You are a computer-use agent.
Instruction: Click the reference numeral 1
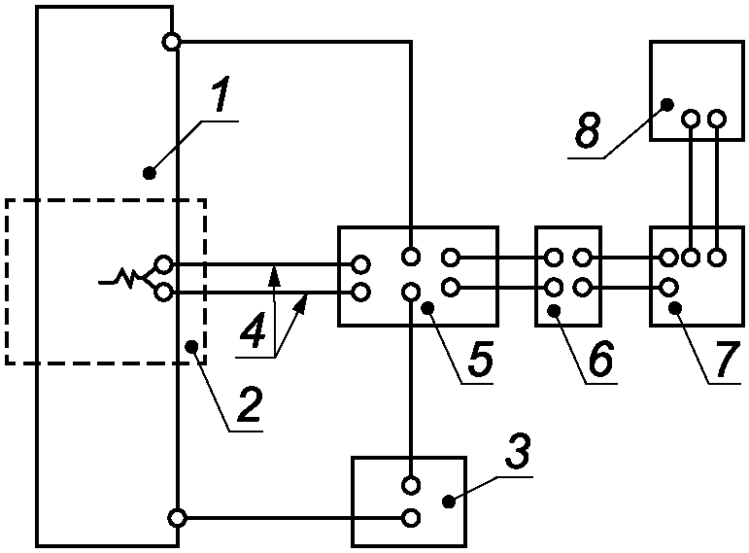coord(220,93)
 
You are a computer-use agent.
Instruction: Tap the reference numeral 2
coord(250,405)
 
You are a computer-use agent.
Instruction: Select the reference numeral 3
coord(519,451)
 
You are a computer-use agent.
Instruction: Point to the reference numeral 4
coord(254,329)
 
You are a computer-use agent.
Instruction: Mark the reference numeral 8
coord(587,129)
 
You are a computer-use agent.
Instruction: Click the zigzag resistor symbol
coord(126,278)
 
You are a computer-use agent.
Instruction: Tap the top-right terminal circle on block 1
coord(171,42)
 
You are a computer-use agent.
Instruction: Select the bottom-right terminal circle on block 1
coord(177,518)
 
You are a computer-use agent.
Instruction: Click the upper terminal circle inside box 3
coord(411,485)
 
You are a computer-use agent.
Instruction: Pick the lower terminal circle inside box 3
coord(411,518)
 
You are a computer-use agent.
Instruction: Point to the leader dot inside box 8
coord(667,104)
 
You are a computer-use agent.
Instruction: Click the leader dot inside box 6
coord(554,311)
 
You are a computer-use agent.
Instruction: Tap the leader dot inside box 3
coord(448,501)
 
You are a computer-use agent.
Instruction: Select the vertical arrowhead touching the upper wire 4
coord(274,275)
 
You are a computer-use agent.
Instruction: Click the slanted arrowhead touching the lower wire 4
coord(302,304)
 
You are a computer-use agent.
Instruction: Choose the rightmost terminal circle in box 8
coord(717,118)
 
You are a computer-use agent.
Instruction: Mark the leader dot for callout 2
coord(192,346)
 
